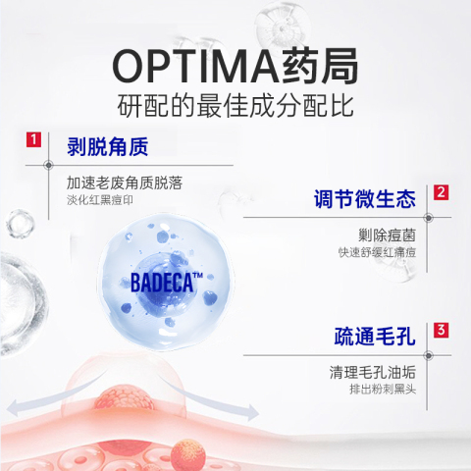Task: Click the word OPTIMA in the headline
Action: [195, 67]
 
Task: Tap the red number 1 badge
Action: [33, 139]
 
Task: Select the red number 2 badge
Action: [442, 192]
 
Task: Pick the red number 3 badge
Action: [442, 330]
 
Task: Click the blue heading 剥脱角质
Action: [108, 146]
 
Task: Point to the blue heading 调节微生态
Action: [365, 198]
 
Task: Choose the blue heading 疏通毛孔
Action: [375, 337]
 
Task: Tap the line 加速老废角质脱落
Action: [125, 183]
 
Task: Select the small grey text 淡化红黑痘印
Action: [100, 200]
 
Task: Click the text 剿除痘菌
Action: [387, 235]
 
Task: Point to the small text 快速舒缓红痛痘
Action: [377, 252]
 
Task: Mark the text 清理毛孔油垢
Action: [373, 372]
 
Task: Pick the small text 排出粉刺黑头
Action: [383, 390]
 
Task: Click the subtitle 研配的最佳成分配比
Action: [235, 106]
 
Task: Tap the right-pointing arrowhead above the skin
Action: [251, 412]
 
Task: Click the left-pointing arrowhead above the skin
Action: [15, 407]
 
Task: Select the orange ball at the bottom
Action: [188, 454]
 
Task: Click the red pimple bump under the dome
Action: [125, 399]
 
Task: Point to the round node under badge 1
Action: [48, 165]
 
